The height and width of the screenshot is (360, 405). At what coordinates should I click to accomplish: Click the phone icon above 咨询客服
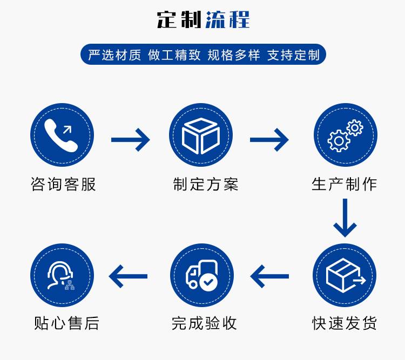pyautogui.click(x=62, y=134)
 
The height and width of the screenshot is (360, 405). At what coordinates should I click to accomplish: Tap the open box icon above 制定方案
pyautogui.click(x=201, y=134)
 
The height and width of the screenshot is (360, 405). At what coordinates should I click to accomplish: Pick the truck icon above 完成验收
pyautogui.click(x=201, y=275)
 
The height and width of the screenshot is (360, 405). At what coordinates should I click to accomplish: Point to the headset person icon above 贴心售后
pyautogui.click(x=62, y=275)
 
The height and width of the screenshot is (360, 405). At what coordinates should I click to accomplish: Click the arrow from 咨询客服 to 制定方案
pyautogui.click(x=130, y=140)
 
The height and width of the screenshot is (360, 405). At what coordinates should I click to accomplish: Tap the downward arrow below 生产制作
pyautogui.click(x=345, y=218)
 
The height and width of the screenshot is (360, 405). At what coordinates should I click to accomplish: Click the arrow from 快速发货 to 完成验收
pyautogui.click(x=269, y=276)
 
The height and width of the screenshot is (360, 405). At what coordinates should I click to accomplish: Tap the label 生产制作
pyautogui.click(x=345, y=184)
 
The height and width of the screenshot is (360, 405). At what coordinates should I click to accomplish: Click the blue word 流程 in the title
pyautogui.click(x=227, y=19)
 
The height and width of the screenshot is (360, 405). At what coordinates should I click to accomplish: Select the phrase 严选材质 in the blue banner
pyautogui.click(x=114, y=55)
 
